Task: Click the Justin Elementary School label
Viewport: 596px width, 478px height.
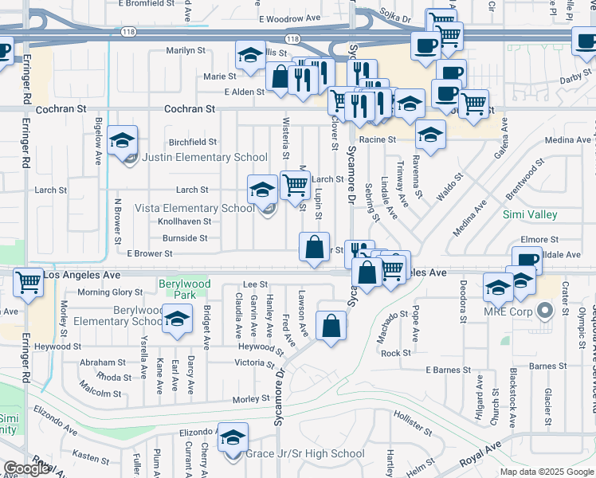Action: [x=205, y=157]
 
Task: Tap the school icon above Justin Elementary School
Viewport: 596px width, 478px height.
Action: [x=122, y=141]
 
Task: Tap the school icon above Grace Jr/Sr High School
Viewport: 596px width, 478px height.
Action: [x=233, y=438]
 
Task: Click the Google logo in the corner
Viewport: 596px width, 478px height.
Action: [x=26, y=468]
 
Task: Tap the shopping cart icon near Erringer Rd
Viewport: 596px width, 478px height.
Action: [x=29, y=282]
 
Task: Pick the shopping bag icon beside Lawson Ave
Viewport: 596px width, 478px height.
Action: [x=331, y=325]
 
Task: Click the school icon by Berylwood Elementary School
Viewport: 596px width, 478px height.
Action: [x=177, y=319]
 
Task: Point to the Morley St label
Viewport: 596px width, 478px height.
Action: [x=251, y=398]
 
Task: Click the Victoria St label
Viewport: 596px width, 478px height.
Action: [x=254, y=362]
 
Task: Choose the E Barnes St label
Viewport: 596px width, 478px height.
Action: [x=449, y=370]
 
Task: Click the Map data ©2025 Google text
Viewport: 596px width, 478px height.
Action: [x=546, y=472]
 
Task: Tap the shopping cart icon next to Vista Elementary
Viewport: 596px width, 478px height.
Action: [x=295, y=185]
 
